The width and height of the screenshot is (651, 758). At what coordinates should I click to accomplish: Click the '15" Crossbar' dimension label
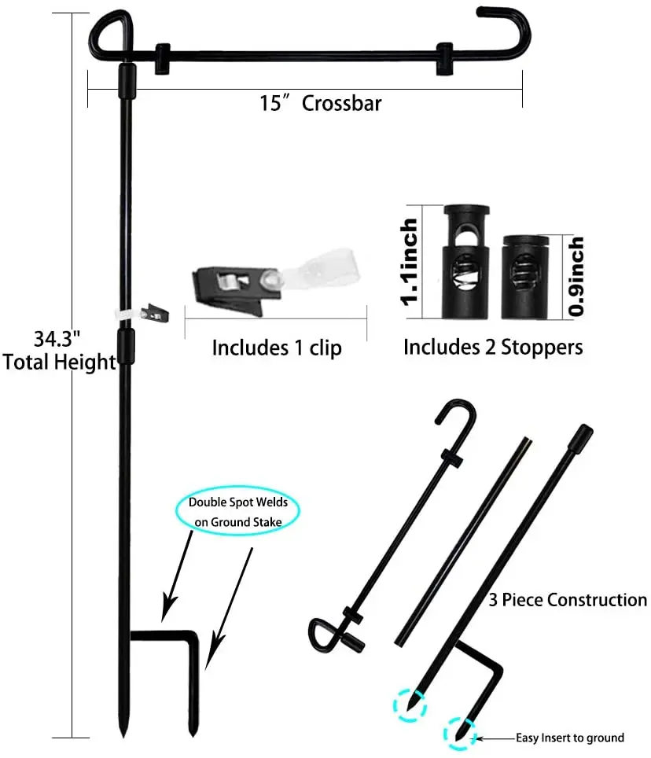click(320, 103)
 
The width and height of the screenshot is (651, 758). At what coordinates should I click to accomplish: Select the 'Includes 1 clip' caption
click(277, 348)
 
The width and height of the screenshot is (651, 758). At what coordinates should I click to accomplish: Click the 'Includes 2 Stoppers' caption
click(493, 347)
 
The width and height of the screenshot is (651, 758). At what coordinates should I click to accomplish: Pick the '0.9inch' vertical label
click(576, 277)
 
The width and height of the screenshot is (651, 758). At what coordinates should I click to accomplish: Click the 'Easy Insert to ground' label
click(569, 738)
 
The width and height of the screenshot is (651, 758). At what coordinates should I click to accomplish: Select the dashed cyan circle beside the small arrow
click(460, 733)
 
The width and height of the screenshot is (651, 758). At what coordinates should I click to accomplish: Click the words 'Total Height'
click(60, 362)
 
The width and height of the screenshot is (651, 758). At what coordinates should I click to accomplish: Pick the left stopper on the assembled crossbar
click(164, 57)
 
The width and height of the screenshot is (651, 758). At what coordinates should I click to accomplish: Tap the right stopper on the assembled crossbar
click(445, 57)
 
